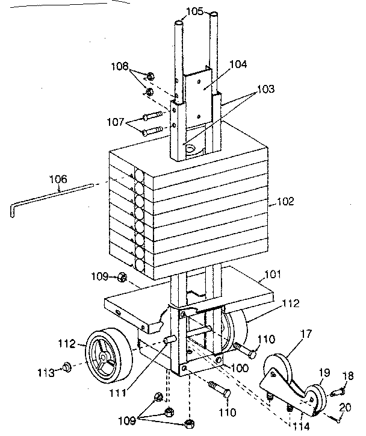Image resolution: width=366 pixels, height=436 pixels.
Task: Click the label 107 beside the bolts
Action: [x=116, y=123]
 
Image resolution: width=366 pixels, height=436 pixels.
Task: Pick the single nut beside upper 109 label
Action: [x=122, y=277]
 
